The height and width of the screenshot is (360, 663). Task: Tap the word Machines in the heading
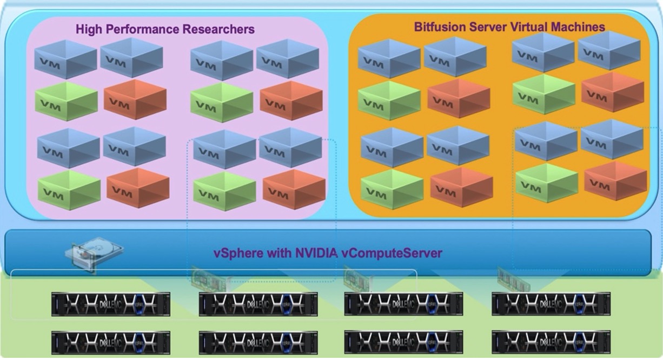click(x=578, y=26)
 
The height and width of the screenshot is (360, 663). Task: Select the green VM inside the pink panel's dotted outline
click(x=224, y=191)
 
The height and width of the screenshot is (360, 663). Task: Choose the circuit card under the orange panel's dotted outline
click(x=513, y=279)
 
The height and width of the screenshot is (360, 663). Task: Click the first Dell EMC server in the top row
click(x=111, y=304)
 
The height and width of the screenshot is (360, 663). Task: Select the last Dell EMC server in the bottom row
click(x=551, y=342)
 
